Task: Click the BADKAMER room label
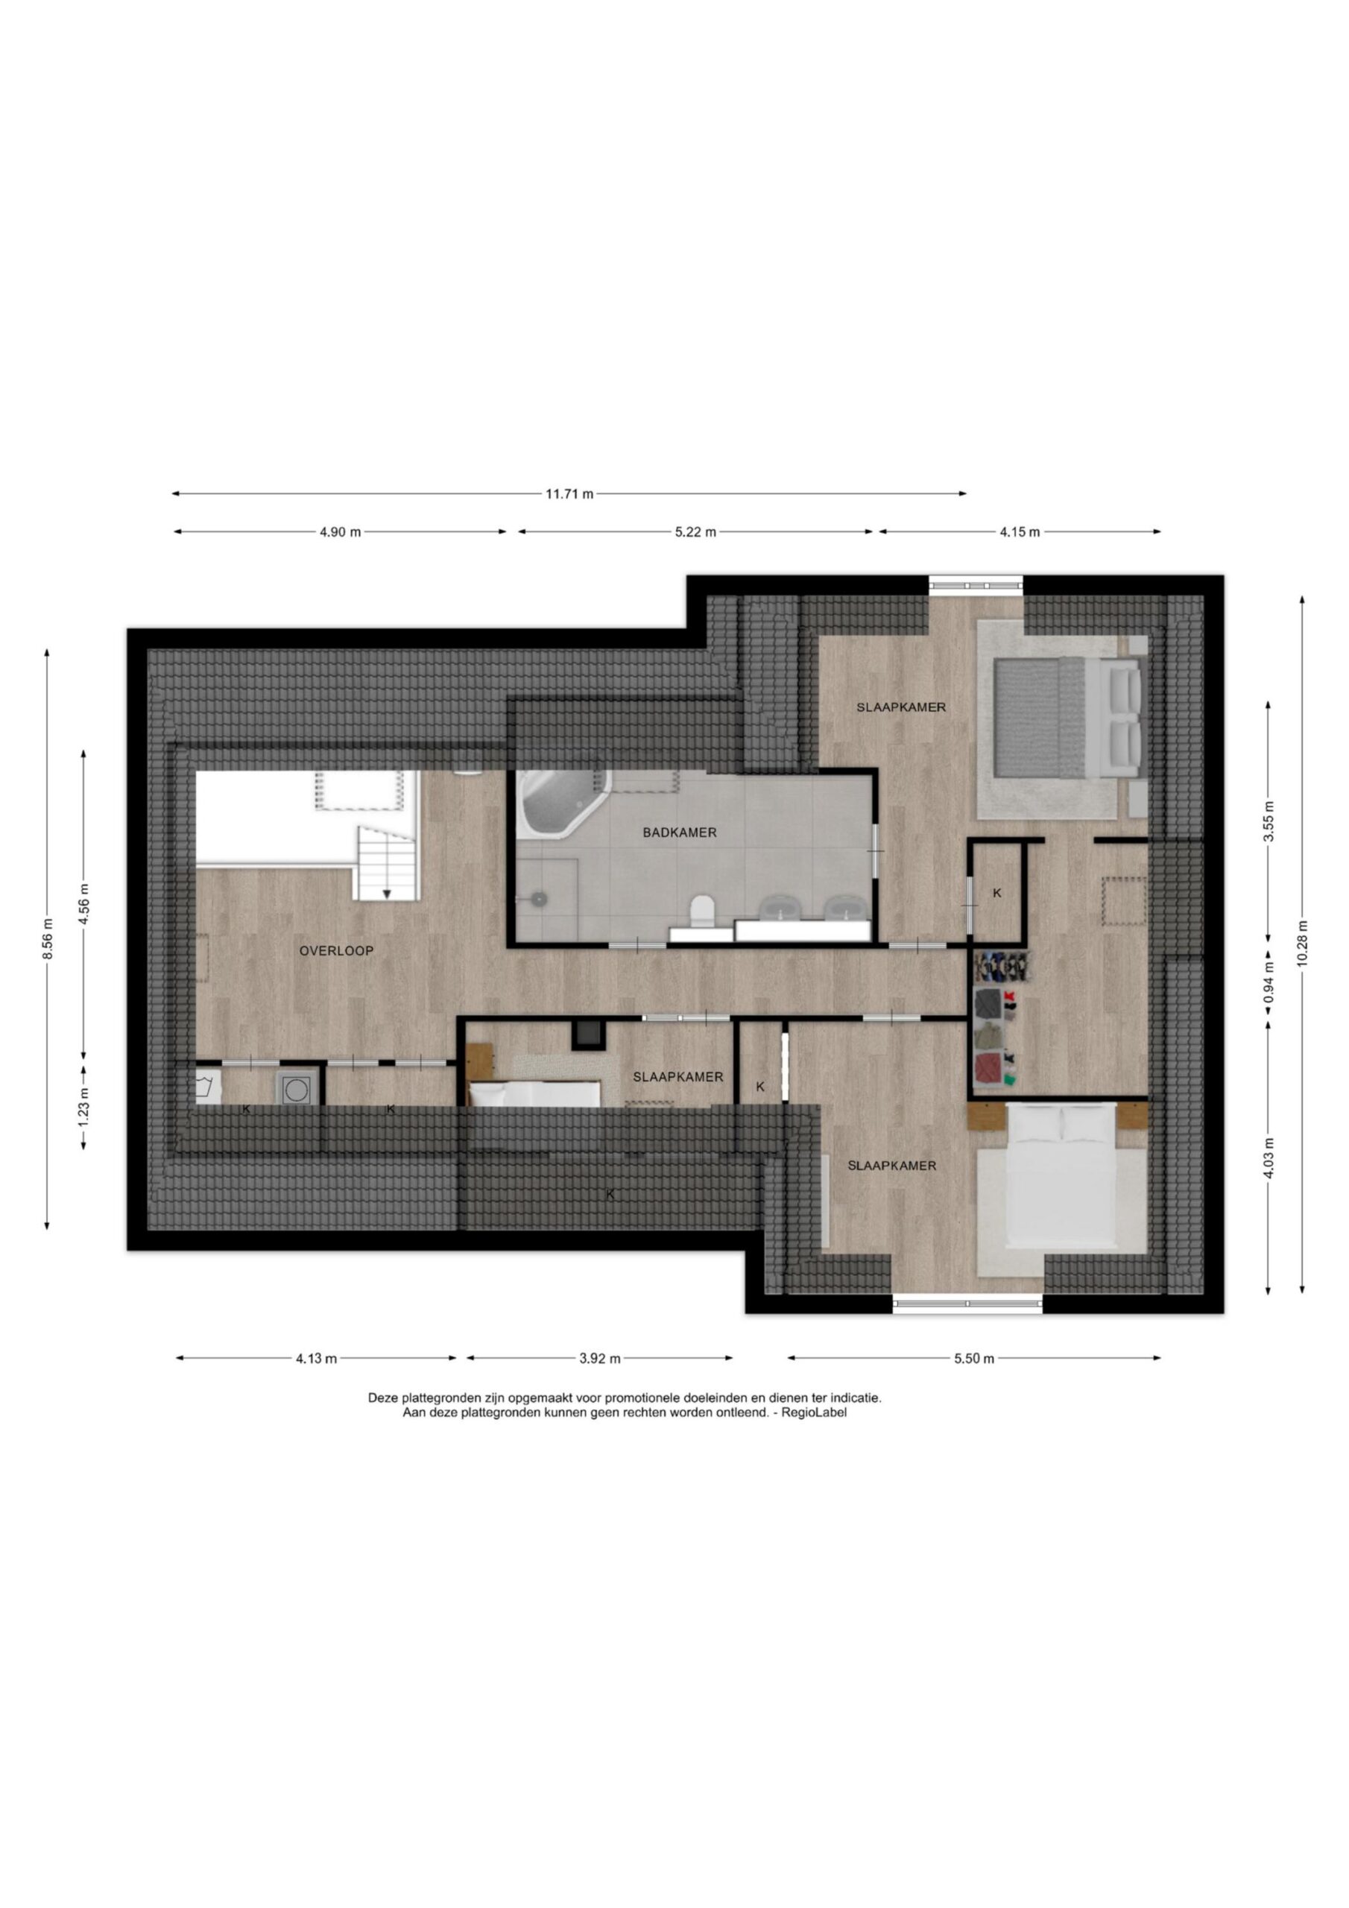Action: pos(679,832)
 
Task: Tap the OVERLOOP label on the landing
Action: pos(337,951)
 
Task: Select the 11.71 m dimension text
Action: pos(569,493)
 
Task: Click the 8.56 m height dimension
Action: pos(48,939)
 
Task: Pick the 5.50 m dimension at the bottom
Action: pos(974,1359)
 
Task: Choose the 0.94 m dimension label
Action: pos(1269,982)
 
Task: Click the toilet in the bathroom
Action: pos(703,909)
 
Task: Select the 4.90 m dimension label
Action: pos(340,532)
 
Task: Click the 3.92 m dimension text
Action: pos(600,1359)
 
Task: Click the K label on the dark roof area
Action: pos(610,1194)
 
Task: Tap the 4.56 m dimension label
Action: pos(83,903)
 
